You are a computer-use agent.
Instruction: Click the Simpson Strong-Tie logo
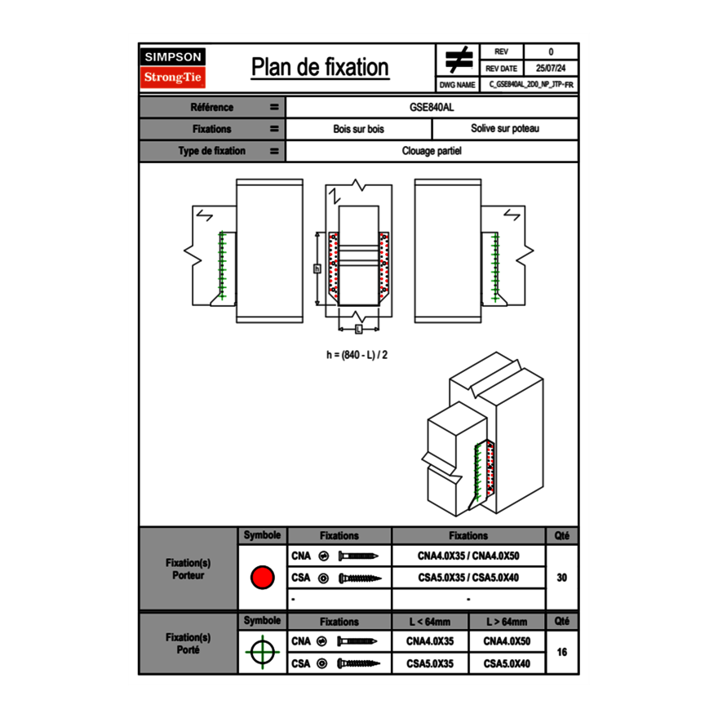174,68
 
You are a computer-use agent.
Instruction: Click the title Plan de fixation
320,67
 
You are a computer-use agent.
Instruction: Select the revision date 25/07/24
551,69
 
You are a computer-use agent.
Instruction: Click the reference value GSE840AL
432,107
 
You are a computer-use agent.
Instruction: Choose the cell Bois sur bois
358,129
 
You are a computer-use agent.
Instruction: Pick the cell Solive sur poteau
504,129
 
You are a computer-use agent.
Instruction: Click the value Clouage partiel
432,151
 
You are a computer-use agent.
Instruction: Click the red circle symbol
262,578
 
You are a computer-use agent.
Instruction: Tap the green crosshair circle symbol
262,653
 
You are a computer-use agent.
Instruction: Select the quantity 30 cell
561,578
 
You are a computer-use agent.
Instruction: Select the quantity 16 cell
561,653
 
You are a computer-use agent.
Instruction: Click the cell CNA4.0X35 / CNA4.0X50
468,556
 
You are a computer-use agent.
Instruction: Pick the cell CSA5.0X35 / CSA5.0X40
468,578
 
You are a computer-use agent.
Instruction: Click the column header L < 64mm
430,622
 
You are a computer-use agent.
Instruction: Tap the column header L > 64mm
507,622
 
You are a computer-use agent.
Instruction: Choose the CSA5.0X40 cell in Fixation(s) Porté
507,664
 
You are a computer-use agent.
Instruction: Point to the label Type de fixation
212,151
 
